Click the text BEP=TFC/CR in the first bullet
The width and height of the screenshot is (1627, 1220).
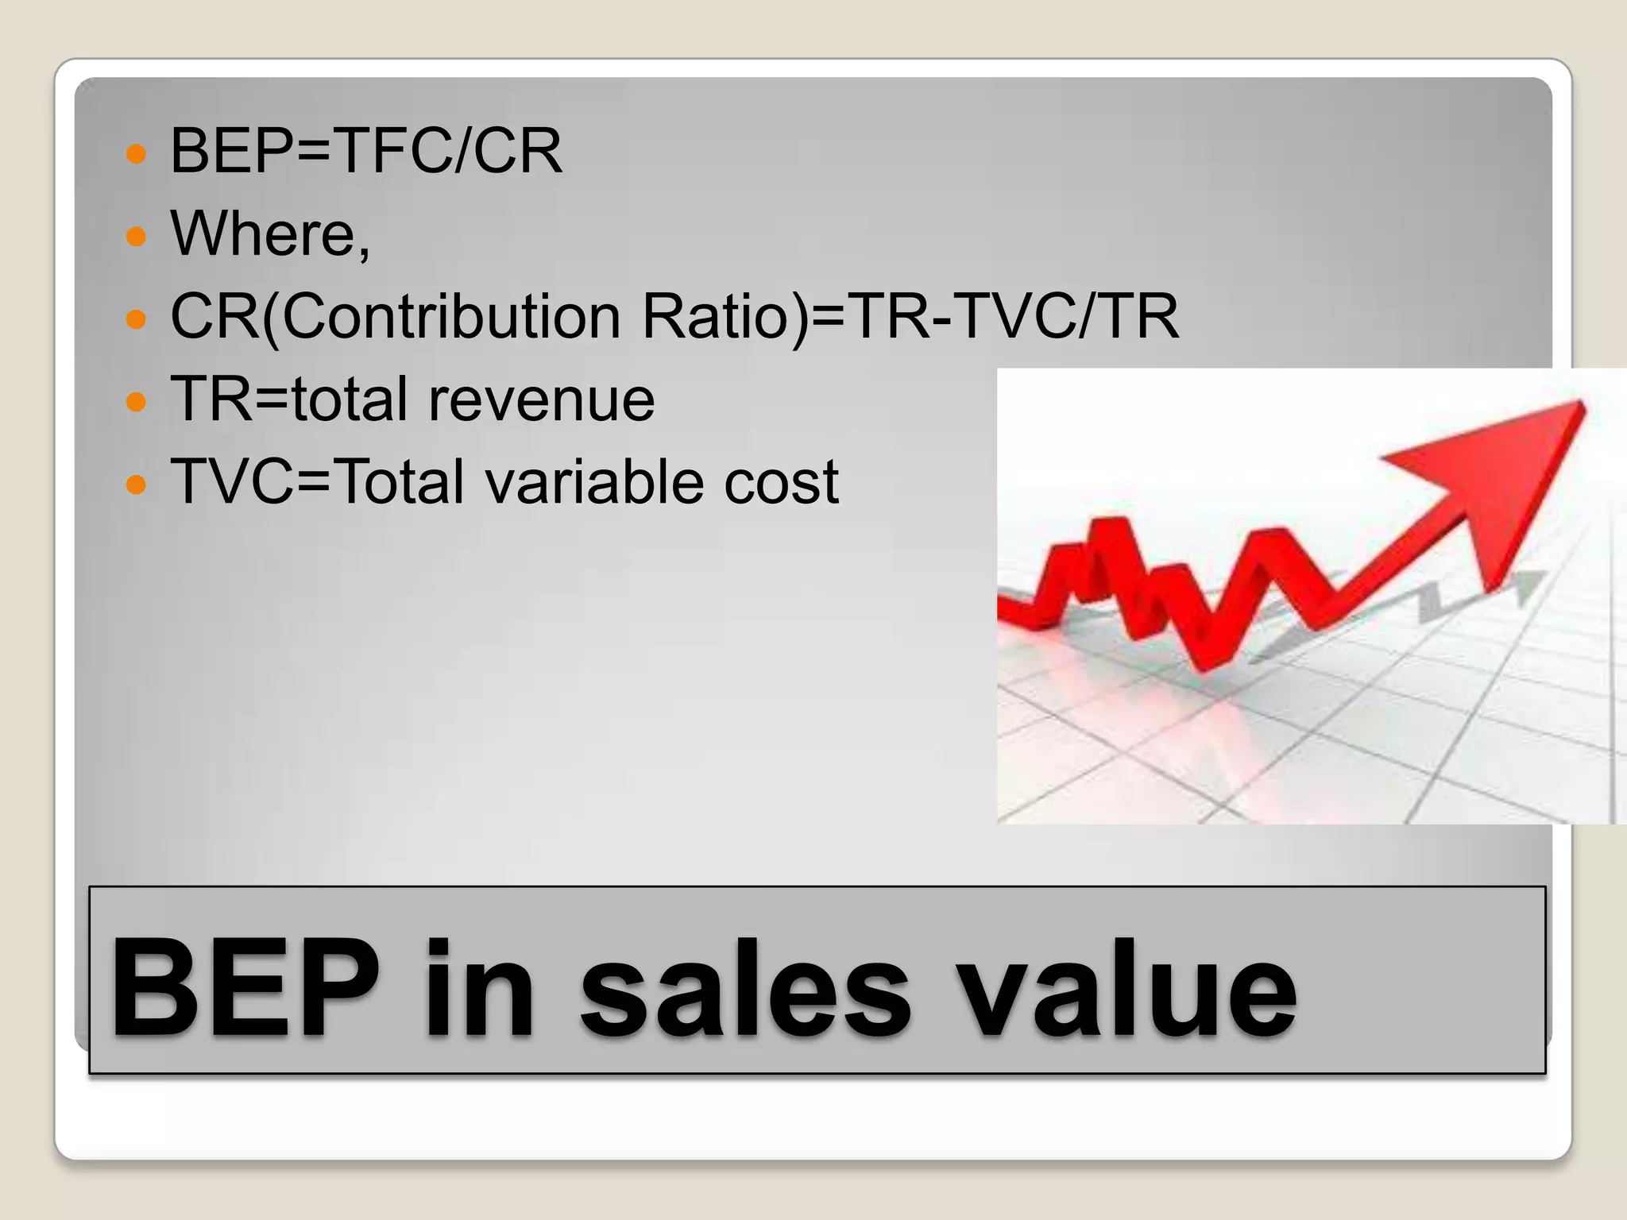[366, 151]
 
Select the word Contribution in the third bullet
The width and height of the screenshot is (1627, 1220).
[450, 316]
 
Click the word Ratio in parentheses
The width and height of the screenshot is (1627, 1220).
[717, 316]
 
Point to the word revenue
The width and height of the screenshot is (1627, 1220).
[541, 400]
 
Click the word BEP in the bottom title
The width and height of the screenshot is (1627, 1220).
[245, 989]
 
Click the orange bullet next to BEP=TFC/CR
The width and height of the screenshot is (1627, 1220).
[137, 152]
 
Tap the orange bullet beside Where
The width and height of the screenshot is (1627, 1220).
[137, 236]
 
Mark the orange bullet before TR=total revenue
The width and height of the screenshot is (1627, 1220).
[137, 401]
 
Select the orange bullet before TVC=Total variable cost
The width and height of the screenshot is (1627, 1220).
[137, 484]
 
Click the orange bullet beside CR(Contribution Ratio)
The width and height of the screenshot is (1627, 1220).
[137, 319]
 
